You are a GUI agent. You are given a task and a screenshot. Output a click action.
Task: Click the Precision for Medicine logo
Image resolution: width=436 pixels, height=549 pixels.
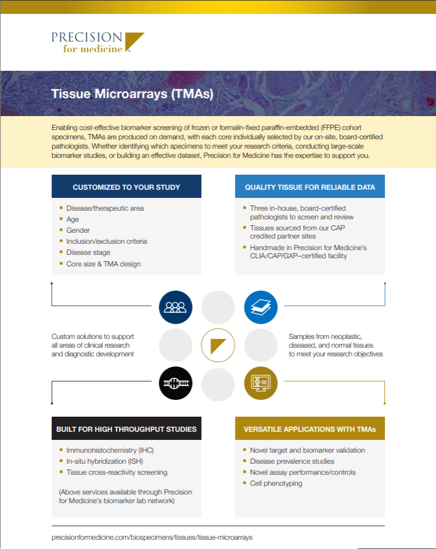[97, 42]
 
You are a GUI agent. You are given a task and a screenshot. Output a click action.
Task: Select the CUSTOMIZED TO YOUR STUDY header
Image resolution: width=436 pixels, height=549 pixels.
[126, 187]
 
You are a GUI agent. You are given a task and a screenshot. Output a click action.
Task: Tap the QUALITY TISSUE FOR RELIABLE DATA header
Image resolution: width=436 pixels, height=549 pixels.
[310, 187]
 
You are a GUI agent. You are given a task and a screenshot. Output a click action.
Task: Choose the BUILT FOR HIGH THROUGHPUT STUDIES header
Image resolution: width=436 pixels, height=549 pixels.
[126, 429]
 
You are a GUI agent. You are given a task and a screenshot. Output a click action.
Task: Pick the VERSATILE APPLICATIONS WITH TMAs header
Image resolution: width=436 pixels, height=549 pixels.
[310, 429]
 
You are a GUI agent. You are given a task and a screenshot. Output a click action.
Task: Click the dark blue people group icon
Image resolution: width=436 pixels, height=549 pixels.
[175, 307]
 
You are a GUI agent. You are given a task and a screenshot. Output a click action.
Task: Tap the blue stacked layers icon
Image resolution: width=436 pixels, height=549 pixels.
[260, 307]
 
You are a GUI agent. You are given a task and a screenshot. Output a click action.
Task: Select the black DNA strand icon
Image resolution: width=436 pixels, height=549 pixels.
[175, 383]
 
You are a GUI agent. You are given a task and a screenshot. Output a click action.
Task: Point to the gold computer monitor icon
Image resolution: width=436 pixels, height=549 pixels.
[260, 383]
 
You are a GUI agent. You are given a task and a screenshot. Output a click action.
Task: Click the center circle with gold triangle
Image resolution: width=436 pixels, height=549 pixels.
[218, 345]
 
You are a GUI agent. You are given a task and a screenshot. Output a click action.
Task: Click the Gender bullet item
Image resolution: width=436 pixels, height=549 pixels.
[78, 230]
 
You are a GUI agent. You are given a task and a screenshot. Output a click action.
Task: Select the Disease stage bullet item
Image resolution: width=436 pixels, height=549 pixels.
[88, 252]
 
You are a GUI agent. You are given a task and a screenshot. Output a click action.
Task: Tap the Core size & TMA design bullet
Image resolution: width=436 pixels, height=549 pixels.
[103, 263]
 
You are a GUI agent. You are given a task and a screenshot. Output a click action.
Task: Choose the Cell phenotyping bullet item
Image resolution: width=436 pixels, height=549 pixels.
[276, 483]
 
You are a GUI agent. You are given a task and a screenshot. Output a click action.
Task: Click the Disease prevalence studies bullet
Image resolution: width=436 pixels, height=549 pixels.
[292, 461]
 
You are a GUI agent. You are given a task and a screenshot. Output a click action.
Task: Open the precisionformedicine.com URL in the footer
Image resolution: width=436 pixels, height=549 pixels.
[152, 537]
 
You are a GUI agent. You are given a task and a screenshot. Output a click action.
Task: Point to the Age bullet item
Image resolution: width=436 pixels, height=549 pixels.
[72, 219]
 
